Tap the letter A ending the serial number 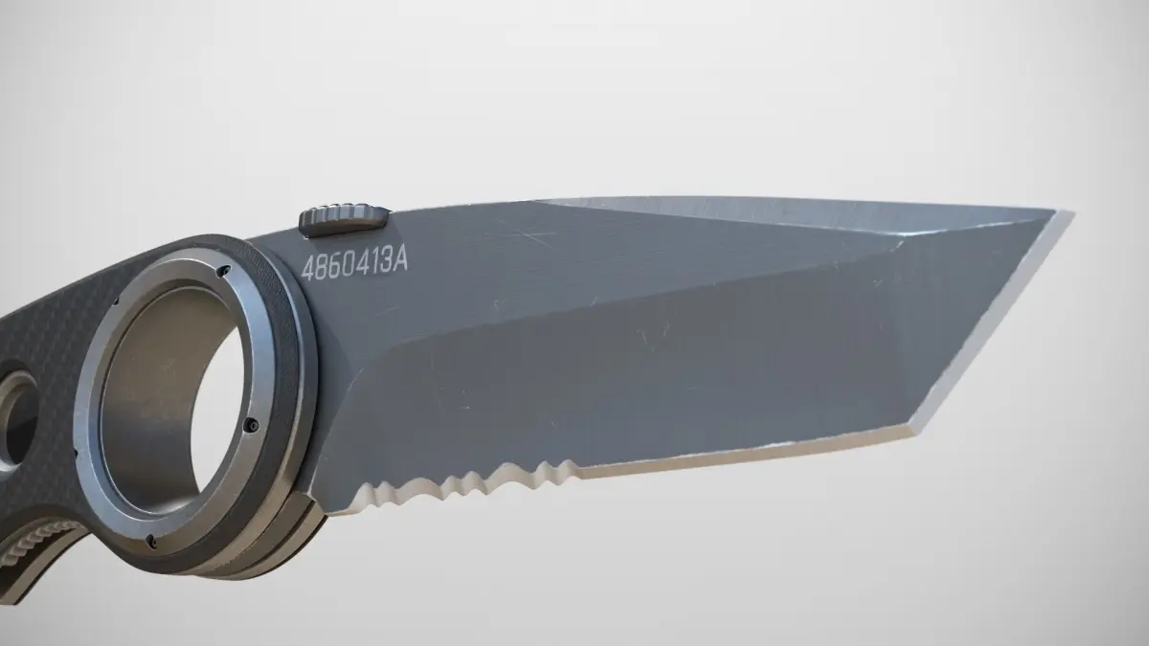[x=399, y=261]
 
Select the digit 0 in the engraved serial [x=349, y=266]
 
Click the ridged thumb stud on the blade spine [x=343, y=219]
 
